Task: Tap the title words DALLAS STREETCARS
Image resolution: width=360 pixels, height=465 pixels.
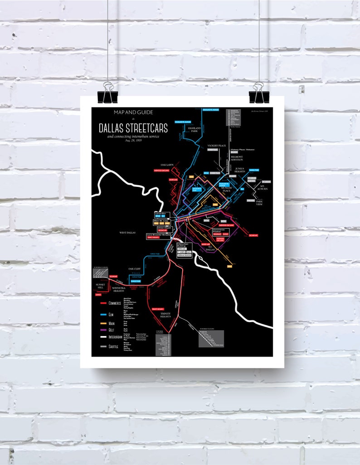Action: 133,128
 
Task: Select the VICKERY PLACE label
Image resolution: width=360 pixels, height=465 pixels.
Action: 216,145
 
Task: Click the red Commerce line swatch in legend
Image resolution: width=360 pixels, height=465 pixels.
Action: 102,302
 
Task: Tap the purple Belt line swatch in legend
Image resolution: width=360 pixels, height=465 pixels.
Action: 102,330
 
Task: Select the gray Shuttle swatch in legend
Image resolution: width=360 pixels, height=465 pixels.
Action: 102,347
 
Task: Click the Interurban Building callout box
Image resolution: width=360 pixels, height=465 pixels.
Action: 182,248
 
